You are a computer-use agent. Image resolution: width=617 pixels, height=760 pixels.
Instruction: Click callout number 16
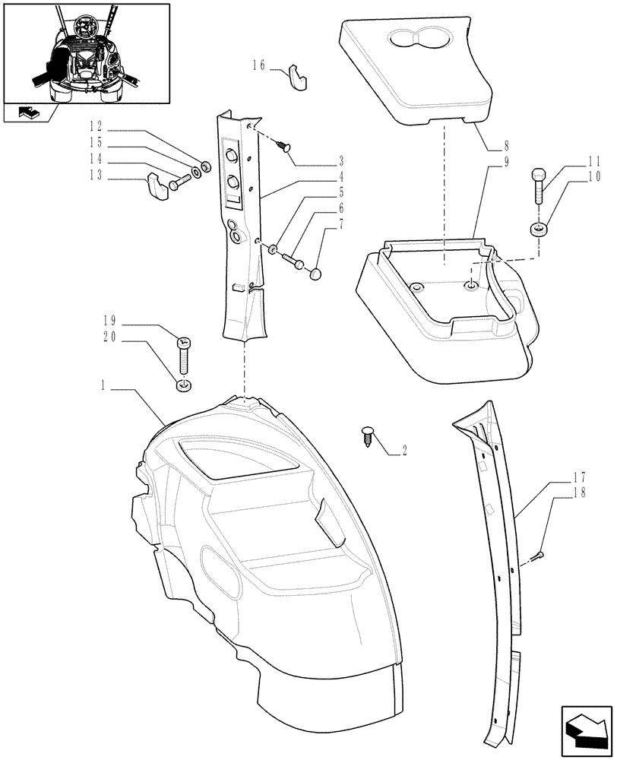click(x=258, y=66)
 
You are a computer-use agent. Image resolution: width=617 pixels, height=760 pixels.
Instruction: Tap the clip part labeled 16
click(x=296, y=78)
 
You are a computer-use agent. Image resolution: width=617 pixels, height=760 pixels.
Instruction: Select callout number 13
click(x=95, y=179)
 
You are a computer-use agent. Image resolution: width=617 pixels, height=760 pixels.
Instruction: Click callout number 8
click(x=505, y=144)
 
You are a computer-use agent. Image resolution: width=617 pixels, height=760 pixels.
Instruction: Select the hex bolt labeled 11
click(x=538, y=185)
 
